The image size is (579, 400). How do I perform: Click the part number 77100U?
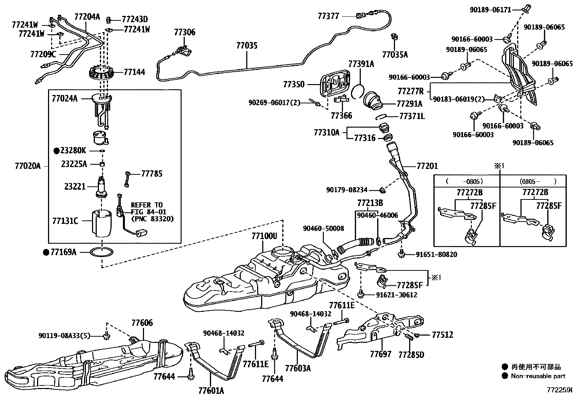(264, 236)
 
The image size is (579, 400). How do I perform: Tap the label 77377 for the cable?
(328, 16)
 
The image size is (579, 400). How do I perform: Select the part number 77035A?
(395, 55)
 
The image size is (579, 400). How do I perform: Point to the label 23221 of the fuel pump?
(75, 186)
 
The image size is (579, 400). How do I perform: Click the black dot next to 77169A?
(46, 252)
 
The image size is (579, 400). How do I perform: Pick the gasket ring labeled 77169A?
(102, 252)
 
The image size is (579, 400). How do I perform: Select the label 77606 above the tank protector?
(142, 322)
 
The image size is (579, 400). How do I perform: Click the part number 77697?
(381, 354)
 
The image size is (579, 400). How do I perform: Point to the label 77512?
(443, 335)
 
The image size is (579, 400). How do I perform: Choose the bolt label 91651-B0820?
(436, 254)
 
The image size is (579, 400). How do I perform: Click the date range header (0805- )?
(538, 181)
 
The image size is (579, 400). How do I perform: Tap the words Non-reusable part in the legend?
(538, 376)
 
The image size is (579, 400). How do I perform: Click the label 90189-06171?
(490, 10)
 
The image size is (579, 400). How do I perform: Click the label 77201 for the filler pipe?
(427, 166)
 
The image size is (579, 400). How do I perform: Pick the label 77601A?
(211, 391)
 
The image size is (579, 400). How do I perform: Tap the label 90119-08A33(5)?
(64, 336)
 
